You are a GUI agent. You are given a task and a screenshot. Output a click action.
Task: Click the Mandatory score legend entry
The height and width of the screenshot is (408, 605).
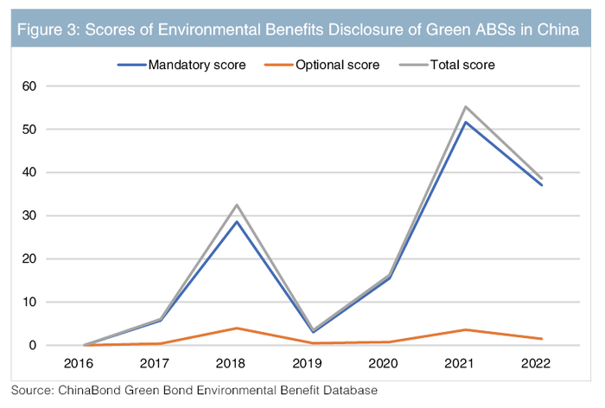pyautogui.click(x=184, y=64)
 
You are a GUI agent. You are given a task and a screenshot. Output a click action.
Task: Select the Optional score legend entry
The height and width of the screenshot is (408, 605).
pyautogui.click(x=324, y=64)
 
